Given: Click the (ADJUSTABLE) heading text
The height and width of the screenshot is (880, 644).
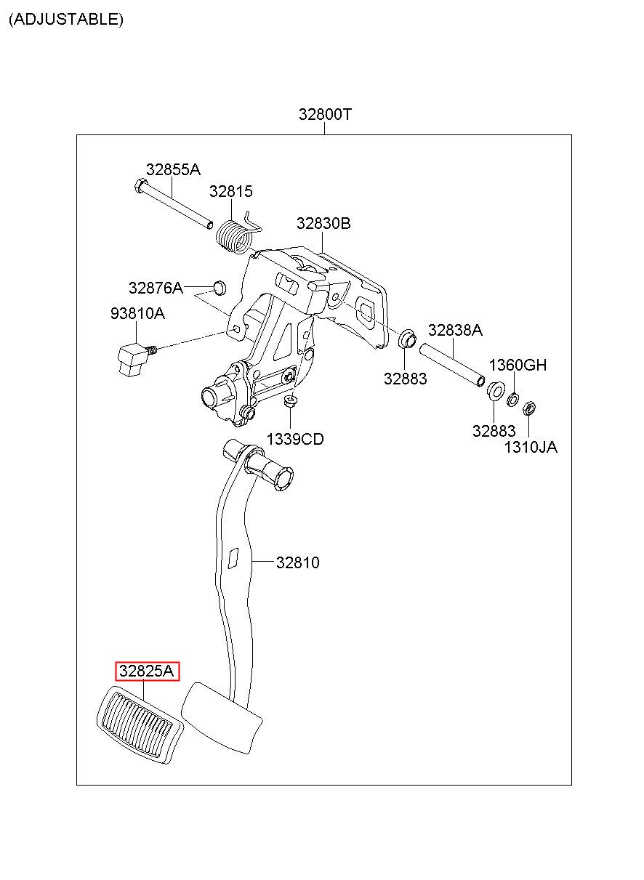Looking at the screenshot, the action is [66, 19].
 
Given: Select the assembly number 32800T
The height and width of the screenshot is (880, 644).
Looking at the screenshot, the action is [325, 114].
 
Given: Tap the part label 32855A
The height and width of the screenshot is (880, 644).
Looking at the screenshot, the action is [173, 170].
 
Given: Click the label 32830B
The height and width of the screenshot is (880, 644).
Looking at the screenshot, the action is [323, 223].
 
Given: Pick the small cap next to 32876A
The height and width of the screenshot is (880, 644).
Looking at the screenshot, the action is [220, 287].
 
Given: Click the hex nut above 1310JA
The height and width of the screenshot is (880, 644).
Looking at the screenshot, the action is [529, 408].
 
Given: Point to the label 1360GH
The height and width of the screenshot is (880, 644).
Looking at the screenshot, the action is [518, 365].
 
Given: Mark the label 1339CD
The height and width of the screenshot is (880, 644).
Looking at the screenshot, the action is [295, 439].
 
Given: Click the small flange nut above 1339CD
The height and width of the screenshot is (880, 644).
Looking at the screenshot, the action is [290, 401].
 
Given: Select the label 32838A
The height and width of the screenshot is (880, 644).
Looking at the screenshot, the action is [455, 330].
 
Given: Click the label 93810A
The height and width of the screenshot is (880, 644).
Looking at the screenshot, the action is [137, 313].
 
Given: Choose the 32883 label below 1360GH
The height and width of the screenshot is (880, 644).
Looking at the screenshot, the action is [494, 431].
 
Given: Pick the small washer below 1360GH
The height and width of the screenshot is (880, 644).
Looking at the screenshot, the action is [512, 400].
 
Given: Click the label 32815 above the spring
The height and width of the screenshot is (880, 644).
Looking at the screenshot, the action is [230, 191].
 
